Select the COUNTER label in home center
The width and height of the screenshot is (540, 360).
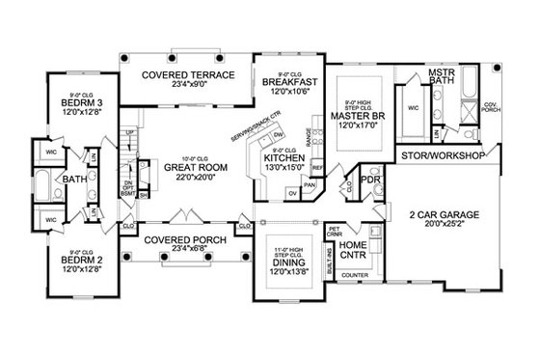[x=355, y=276]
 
